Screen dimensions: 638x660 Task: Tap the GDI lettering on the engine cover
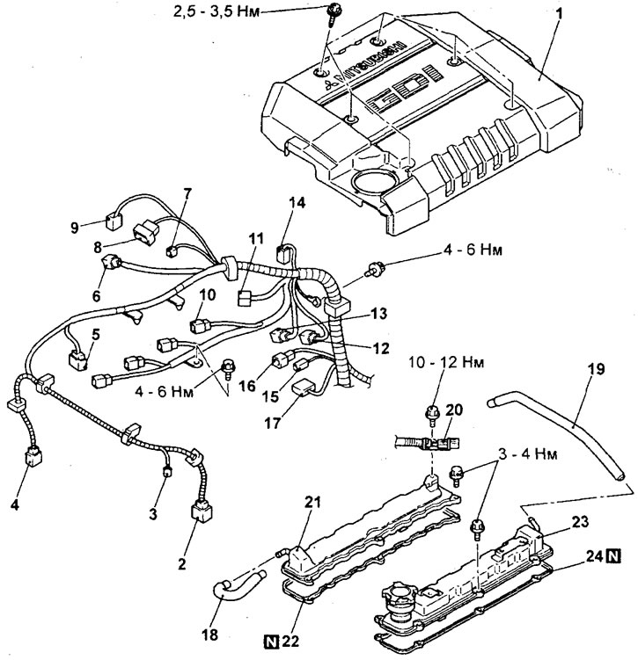click(405, 89)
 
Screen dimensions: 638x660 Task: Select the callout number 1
click(559, 14)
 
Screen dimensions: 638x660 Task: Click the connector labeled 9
click(113, 221)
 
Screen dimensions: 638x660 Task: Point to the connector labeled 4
click(33, 456)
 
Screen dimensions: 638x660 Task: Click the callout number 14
click(297, 203)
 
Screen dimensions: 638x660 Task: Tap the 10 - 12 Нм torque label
click(447, 363)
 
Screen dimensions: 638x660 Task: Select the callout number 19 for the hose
click(597, 369)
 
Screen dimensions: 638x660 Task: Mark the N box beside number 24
click(613, 557)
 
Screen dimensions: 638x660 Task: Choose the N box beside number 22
click(272, 642)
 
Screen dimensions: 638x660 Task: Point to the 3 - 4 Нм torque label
click(528, 454)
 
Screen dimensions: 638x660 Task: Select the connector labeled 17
click(304, 388)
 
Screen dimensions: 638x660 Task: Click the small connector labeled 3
click(167, 472)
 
